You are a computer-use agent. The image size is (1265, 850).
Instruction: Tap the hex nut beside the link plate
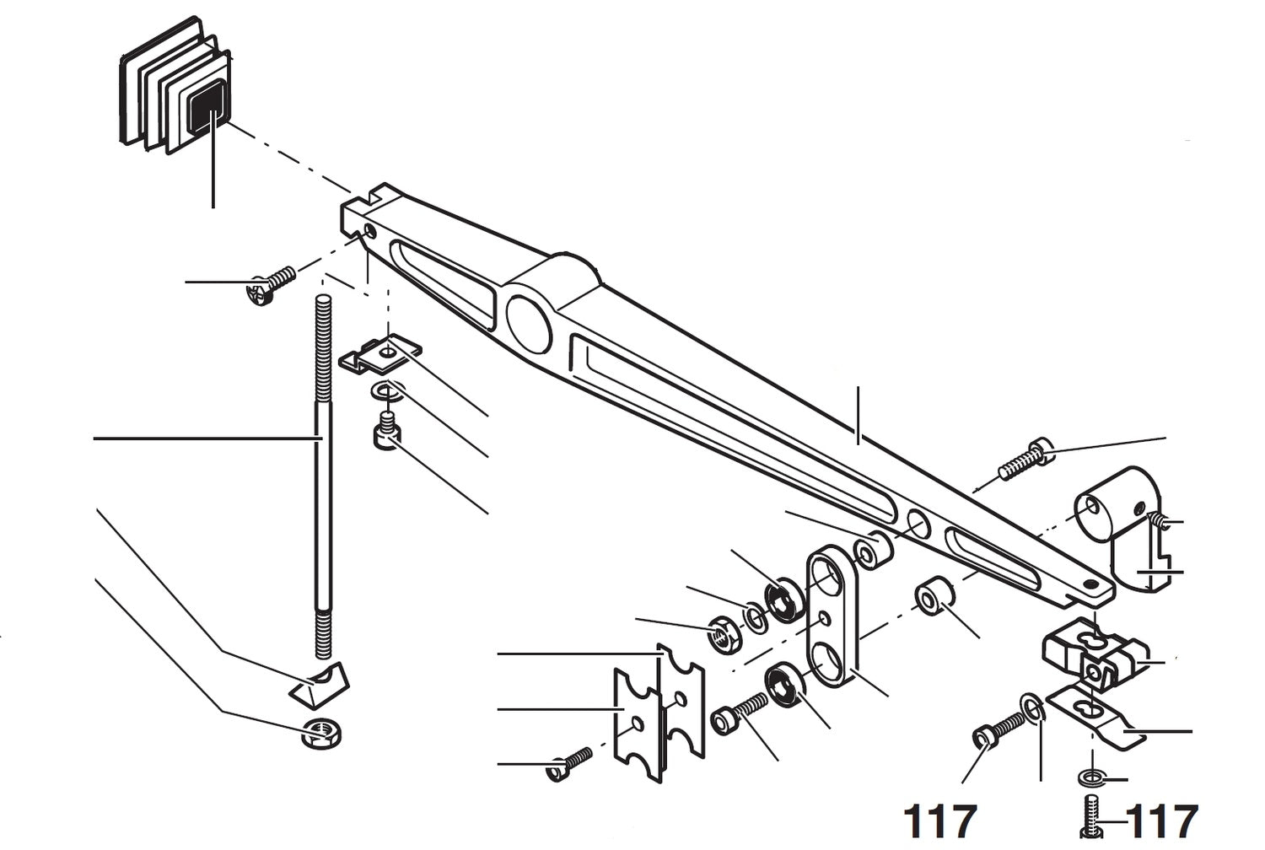tap(723, 634)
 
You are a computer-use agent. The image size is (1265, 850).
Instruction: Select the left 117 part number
tap(939, 821)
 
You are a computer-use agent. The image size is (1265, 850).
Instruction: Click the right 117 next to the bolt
tap(1162, 821)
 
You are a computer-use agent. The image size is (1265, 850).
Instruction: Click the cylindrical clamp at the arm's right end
tap(1113, 531)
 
